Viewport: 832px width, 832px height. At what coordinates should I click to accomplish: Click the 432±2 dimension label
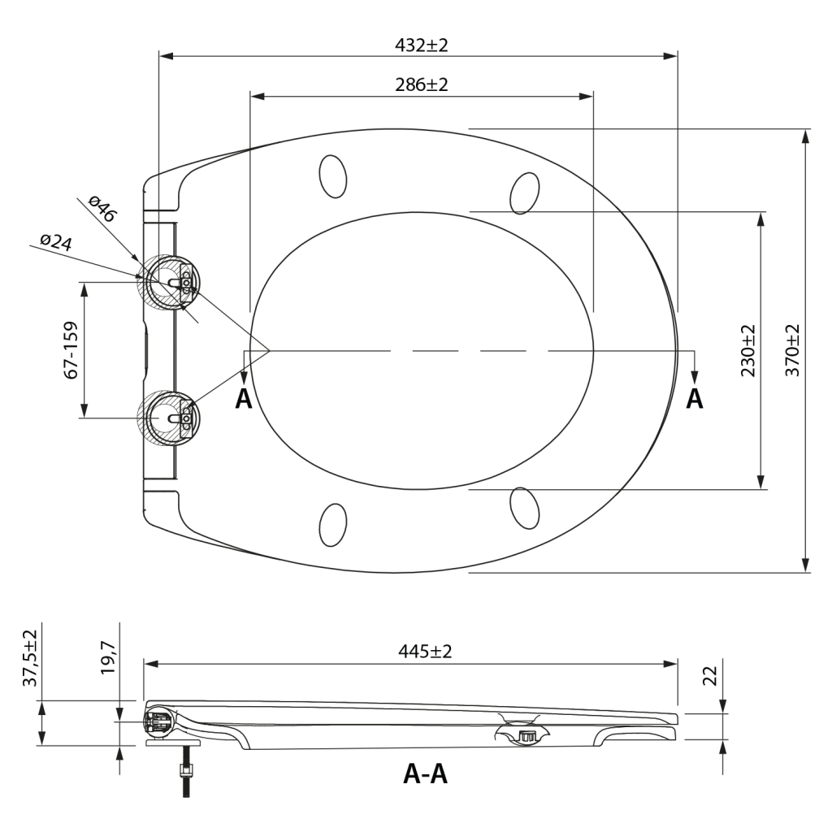422,45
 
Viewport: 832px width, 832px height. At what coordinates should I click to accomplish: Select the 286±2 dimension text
422,84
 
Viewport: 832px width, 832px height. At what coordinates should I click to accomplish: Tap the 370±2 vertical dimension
791,350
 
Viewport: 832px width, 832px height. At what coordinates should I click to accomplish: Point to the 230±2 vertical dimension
747,350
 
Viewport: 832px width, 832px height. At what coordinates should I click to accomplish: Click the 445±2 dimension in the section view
425,651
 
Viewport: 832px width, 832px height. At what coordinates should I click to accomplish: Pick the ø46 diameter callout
102,209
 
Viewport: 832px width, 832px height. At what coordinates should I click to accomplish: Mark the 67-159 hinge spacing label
71,349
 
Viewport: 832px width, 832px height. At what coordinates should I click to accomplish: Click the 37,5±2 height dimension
30,658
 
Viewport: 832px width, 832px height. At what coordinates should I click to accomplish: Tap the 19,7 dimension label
108,656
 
